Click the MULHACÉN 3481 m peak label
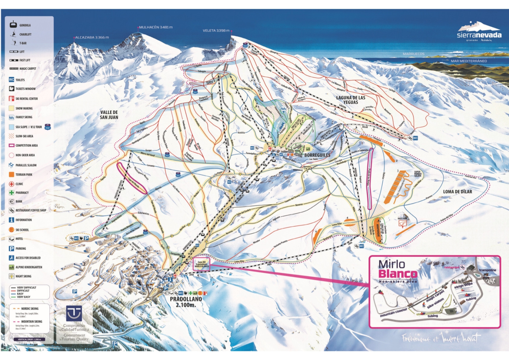[x=156, y=27]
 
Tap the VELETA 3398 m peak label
[x=216, y=31]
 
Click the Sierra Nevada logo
[x=479, y=32]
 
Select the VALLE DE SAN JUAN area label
[x=109, y=115]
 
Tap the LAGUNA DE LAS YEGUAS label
[x=351, y=100]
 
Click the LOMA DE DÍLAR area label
[x=457, y=192]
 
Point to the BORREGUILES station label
[x=317, y=155]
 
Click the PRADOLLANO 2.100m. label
[x=186, y=302]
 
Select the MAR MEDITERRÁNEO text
[x=468, y=61]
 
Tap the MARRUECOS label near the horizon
[x=413, y=54]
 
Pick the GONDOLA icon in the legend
[x=13, y=24]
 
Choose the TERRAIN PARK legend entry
[x=24, y=174]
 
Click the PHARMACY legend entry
[x=22, y=192]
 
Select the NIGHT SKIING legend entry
[x=23, y=276]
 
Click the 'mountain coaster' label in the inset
[x=393, y=312]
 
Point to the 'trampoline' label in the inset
[x=487, y=270]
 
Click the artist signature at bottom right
[x=441, y=338]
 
